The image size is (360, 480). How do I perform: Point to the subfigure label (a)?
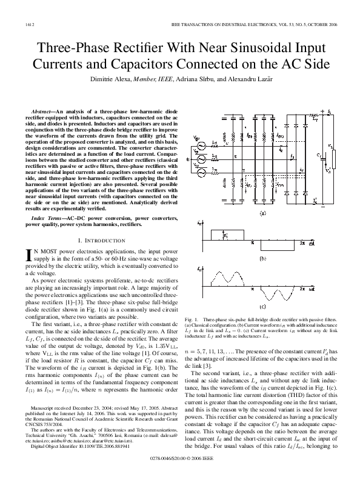[x=262, y=213]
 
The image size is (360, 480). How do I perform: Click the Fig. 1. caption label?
[x=195, y=318]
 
